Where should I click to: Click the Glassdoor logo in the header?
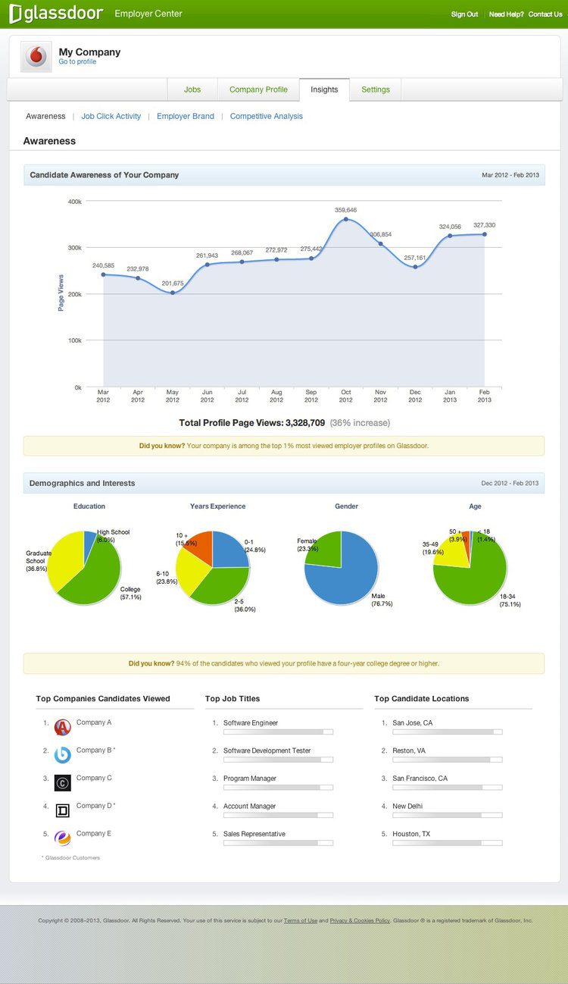(55, 14)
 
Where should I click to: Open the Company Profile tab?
(258, 89)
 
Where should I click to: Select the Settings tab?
(376, 89)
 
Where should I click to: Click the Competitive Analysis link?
(266, 116)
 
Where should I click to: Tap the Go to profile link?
(77, 62)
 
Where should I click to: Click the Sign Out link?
(464, 14)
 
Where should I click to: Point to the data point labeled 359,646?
(346, 219)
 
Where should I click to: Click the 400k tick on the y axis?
(74, 201)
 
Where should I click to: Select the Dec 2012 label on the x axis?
(415, 396)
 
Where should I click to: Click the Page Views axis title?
(61, 292)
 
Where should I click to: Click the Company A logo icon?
(63, 728)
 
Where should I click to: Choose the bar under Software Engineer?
(278, 732)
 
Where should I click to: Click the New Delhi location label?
(407, 806)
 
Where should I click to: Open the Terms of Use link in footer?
(301, 920)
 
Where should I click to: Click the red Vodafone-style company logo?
(36, 57)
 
